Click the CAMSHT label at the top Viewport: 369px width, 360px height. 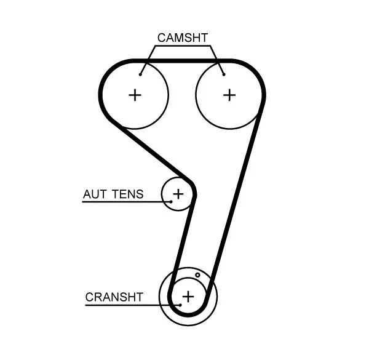point(183,38)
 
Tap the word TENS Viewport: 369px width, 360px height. point(128,194)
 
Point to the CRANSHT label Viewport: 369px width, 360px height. point(114,297)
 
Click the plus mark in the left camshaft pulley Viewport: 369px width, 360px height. point(135,95)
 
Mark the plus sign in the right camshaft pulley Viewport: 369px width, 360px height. point(229,95)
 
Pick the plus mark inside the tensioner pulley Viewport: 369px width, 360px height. point(178,194)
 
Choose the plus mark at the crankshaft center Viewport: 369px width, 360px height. point(188,297)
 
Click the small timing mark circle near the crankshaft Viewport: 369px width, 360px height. point(197,275)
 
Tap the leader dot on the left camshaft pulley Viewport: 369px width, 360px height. point(141,74)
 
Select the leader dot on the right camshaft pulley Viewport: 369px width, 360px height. point(224,74)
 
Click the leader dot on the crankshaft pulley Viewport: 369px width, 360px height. point(180,303)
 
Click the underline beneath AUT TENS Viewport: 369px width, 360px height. point(123,201)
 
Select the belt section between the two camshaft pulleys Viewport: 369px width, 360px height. point(182,61)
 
